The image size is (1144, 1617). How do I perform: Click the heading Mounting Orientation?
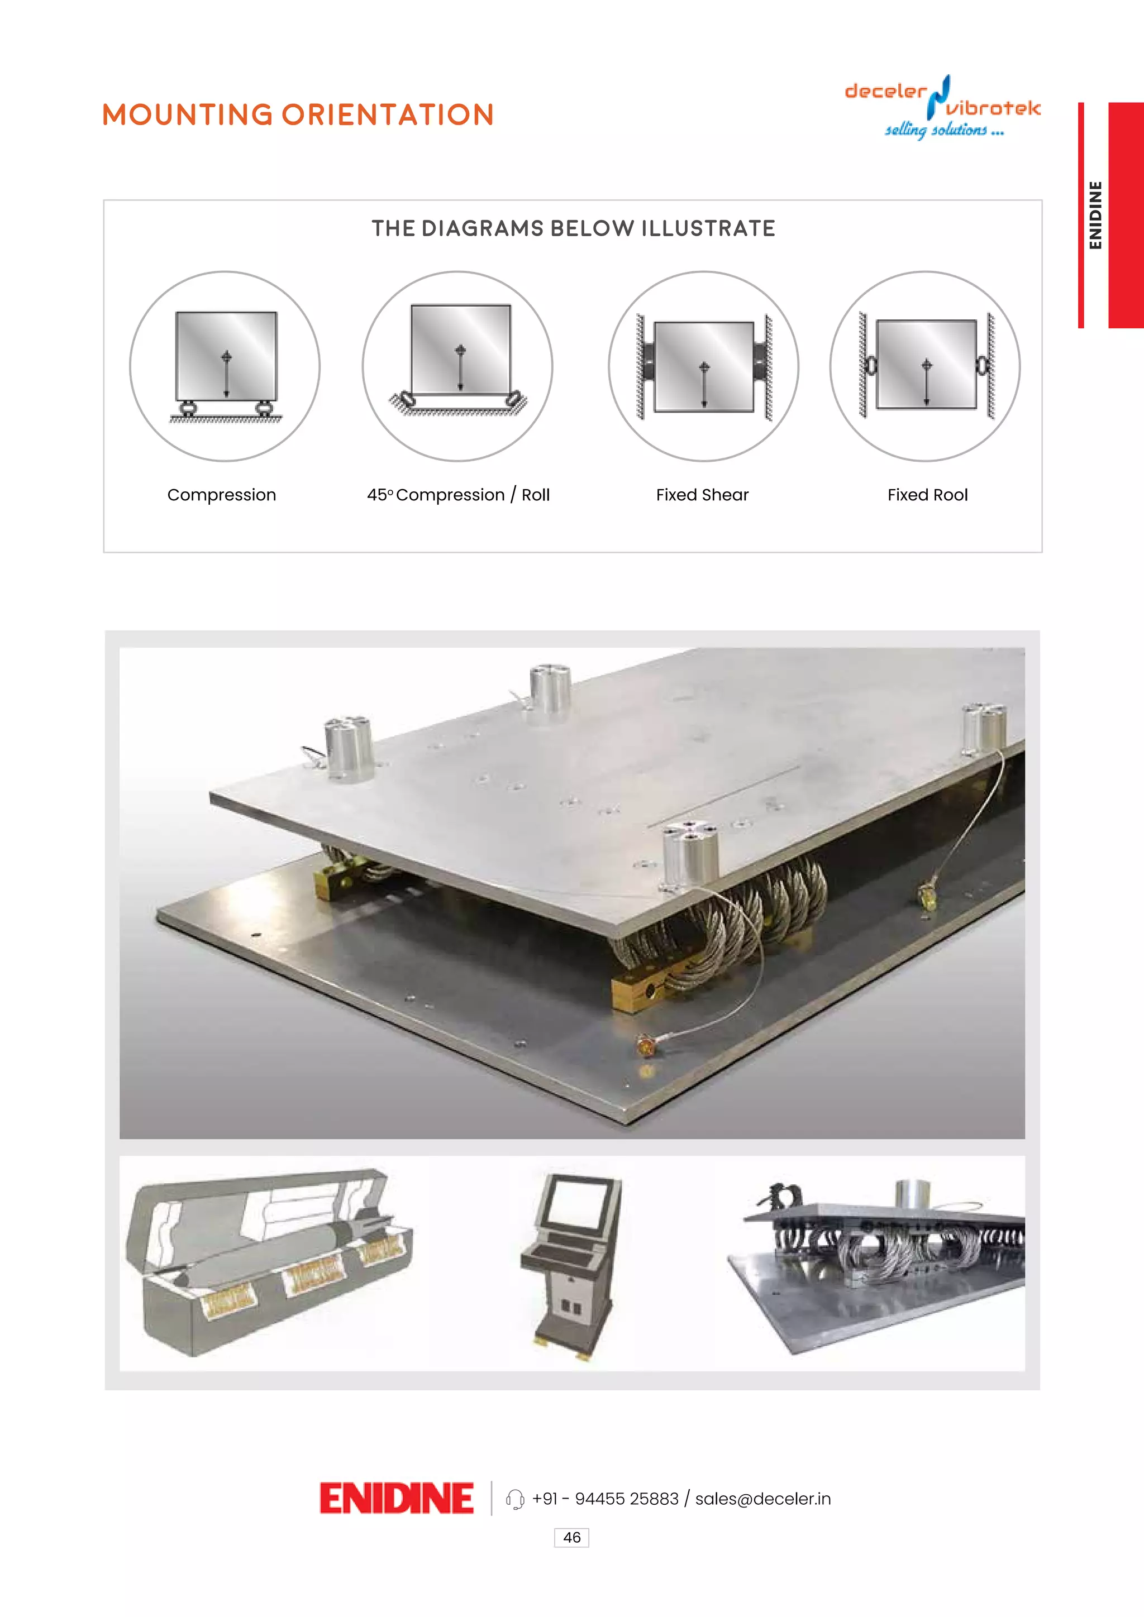pyautogui.click(x=298, y=115)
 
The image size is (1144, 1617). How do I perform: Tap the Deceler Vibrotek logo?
pyautogui.click(x=942, y=106)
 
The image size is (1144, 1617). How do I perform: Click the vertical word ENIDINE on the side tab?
pyautogui.click(x=1095, y=216)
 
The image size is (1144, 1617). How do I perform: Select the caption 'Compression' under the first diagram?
pyautogui.click(x=221, y=495)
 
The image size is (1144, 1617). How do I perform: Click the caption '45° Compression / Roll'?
pyautogui.click(x=458, y=495)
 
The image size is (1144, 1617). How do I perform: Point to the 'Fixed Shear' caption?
pyautogui.click(x=702, y=495)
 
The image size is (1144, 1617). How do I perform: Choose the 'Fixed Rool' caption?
pyautogui.click(x=927, y=495)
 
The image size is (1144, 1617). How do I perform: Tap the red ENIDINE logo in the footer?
pyautogui.click(x=396, y=1498)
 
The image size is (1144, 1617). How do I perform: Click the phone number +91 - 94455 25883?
pyautogui.click(x=605, y=1499)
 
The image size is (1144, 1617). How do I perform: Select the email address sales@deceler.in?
pyautogui.click(x=763, y=1499)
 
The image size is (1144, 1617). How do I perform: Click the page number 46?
pyautogui.click(x=571, y=1537)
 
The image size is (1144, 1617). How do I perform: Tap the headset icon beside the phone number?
pyautogui.click(x=515, y=1499)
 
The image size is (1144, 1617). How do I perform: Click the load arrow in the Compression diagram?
pyautogui.click(x=226, y=374)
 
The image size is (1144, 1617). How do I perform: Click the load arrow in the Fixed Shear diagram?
pyautogui.click(x=704, y=384)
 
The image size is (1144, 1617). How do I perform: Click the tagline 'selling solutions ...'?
pyautogui.click(x=944, y=130)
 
